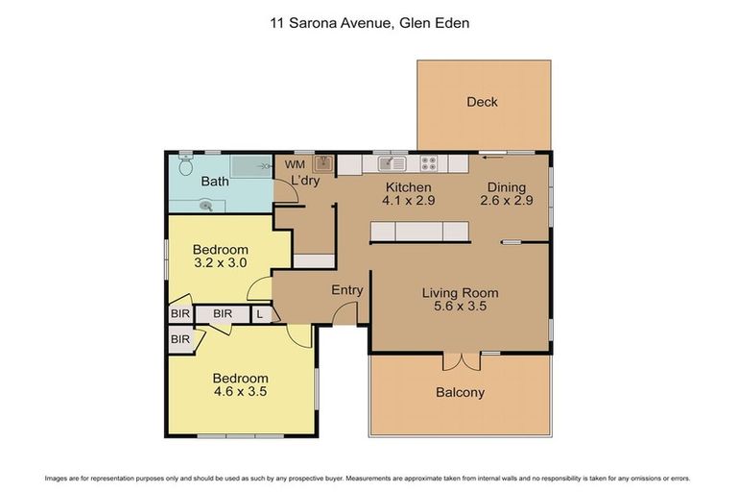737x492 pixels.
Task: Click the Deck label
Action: pos(482,102)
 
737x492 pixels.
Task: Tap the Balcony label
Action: pos(460,392)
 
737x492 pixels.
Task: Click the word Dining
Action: pos(506,187)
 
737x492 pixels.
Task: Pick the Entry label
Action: pos(346,290)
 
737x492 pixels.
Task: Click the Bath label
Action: pos(214,181)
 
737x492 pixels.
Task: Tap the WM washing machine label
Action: pos(295,164)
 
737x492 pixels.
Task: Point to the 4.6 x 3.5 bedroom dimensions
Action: pos(240,392)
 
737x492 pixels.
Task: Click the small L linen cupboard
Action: pos(260,313)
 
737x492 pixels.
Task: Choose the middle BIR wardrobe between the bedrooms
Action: pos(223,313)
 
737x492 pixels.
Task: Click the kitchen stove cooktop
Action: pos(430,163)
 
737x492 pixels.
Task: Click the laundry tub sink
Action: pos(324,163)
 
